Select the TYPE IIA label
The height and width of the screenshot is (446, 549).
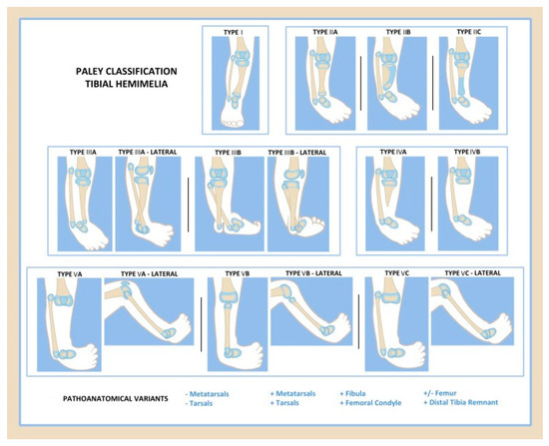point(323,32)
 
